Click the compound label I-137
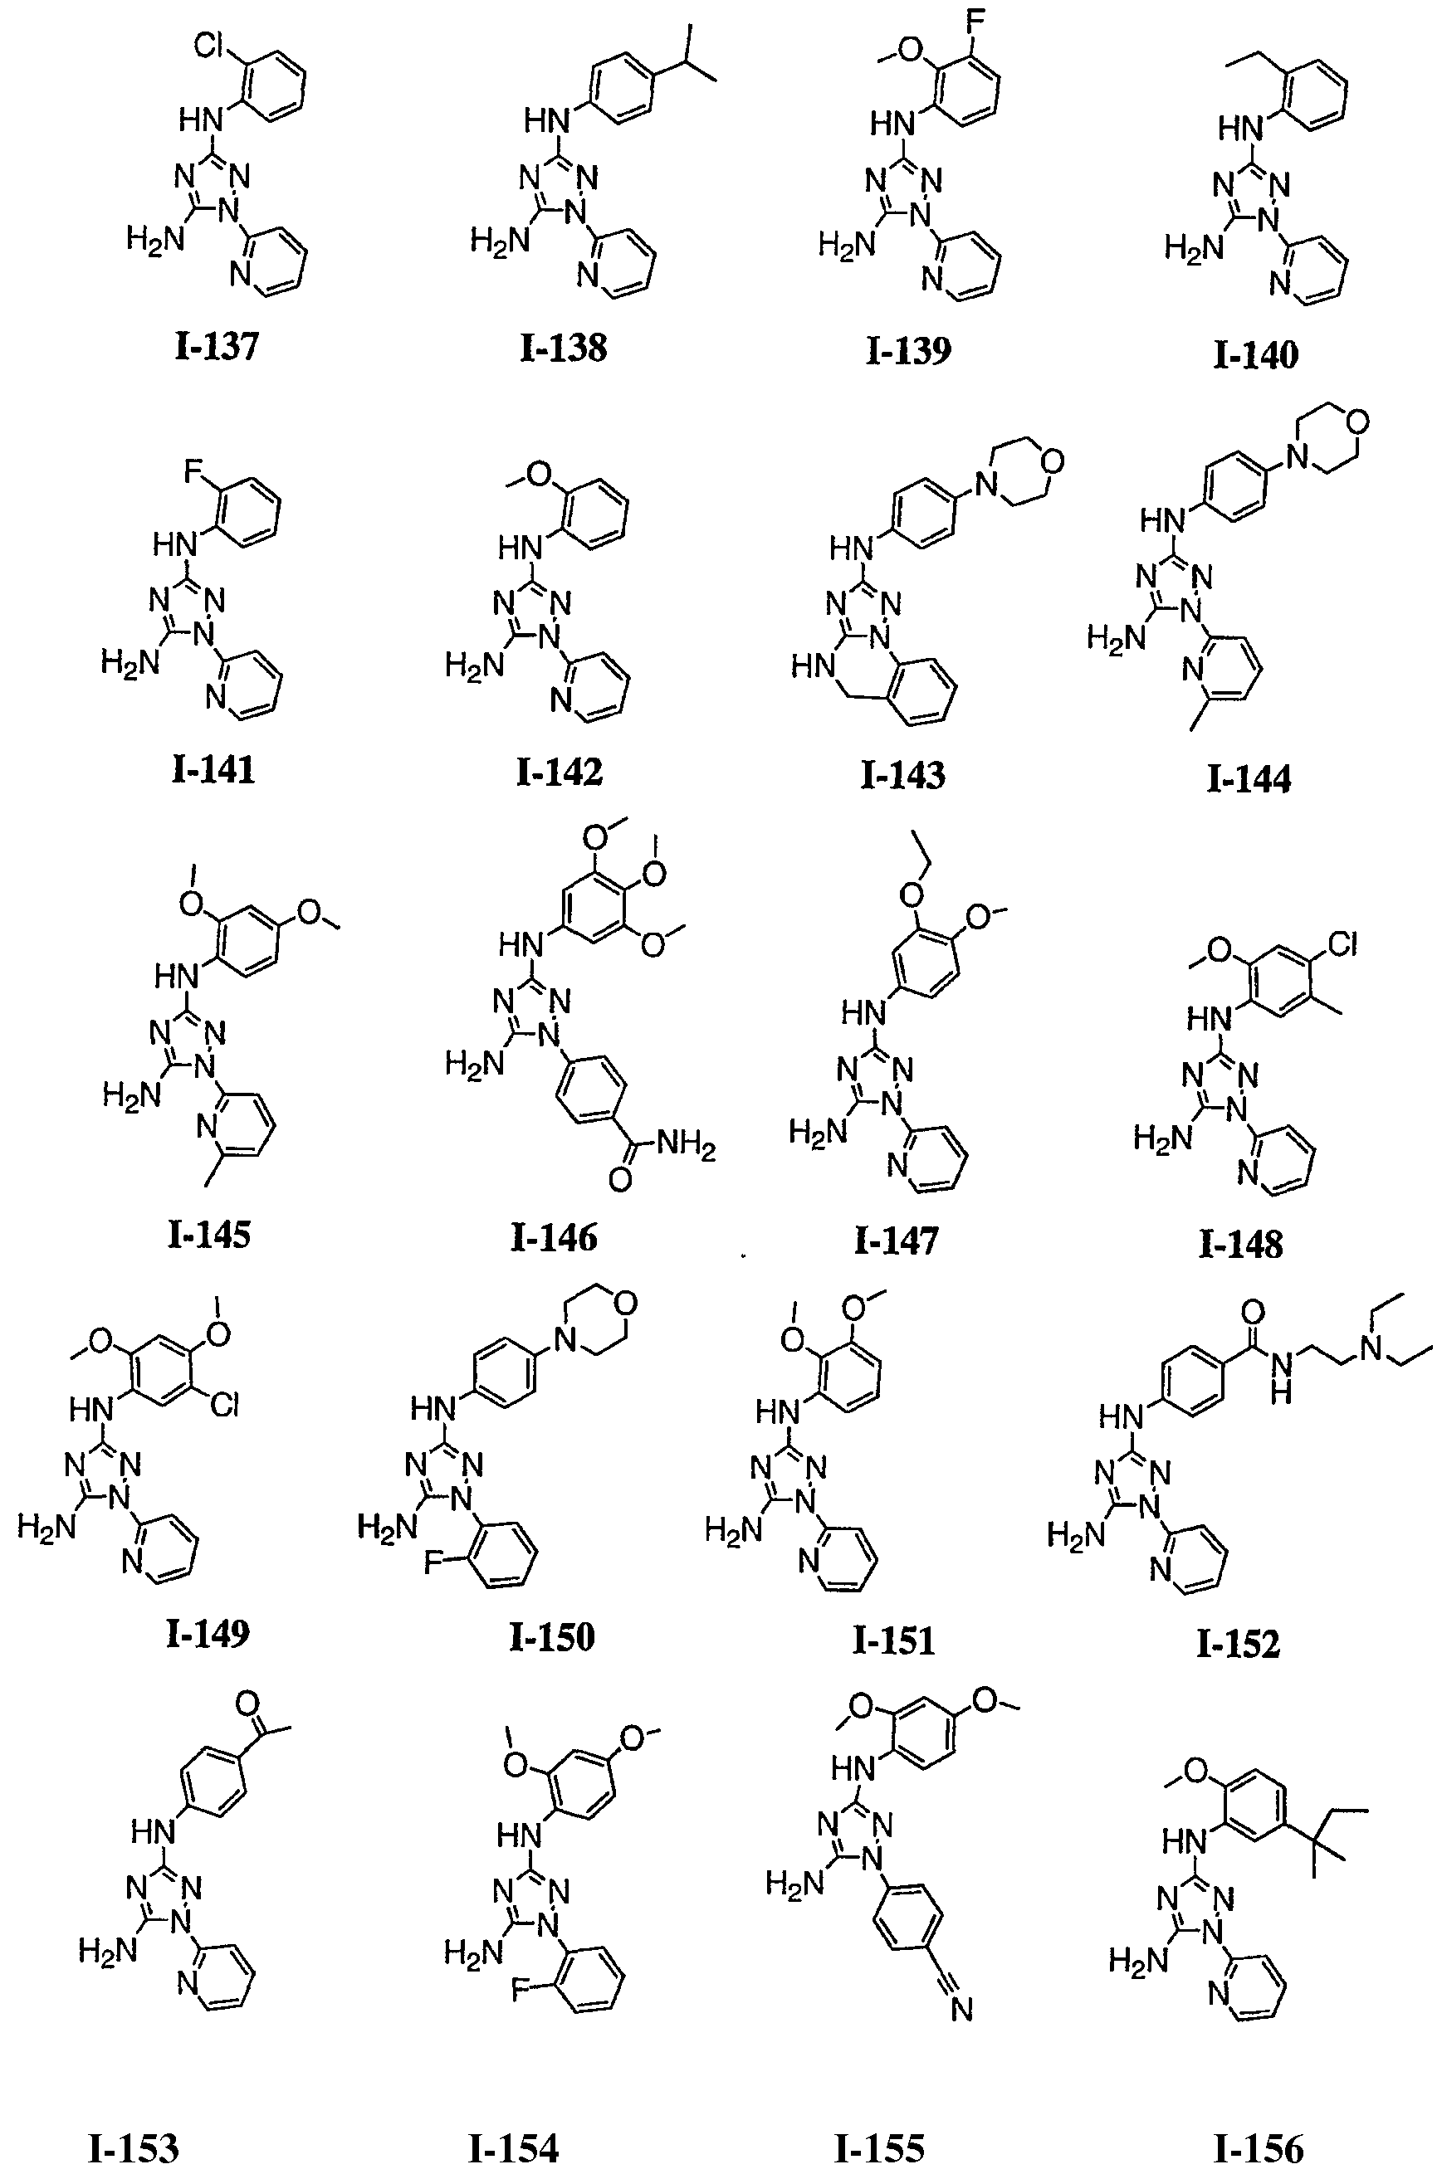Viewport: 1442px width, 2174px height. point(216,348)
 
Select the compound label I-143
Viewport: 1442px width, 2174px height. point(902,775)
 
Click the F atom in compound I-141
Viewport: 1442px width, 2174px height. point(193,472)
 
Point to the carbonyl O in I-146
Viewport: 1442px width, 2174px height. point(620,1180)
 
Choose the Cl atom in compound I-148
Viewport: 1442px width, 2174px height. point(1343,944)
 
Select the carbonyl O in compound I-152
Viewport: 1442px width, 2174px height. point(1253,1311)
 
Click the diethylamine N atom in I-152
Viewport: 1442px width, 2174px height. point(1376,1349)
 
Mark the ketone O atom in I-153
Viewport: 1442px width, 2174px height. point(246,1702)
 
